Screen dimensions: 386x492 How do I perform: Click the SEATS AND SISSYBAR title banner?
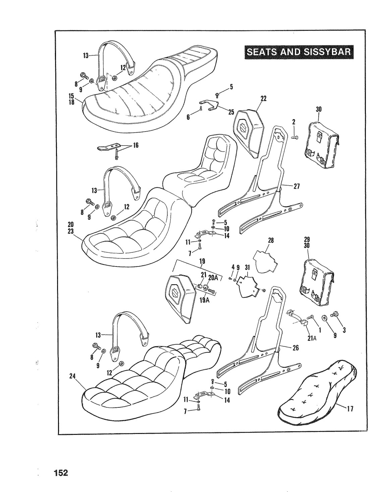(x=299, y=52)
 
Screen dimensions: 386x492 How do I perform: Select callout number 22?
(x=264, y=98)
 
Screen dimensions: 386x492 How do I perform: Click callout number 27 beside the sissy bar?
(x=296, y=186)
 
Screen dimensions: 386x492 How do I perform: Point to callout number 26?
(x=296, y=348)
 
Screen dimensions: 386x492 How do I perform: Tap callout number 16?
(x=135, y=145)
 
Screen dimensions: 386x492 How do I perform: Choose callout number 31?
(x=247, y=267)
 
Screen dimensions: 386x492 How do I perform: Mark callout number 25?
(x=231, y=112)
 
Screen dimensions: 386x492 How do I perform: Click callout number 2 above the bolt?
(x=294, y=122)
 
